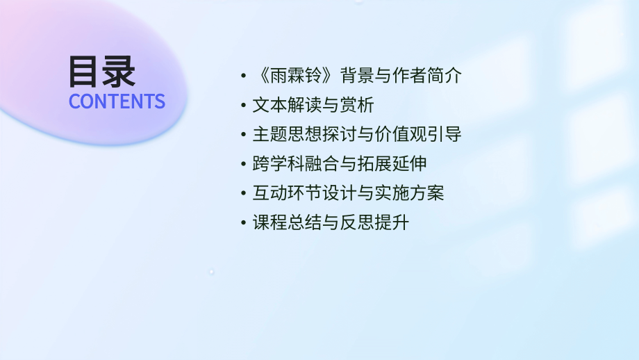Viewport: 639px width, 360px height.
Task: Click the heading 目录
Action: tap(102, 72)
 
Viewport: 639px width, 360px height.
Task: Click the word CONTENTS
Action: tap(117, 101)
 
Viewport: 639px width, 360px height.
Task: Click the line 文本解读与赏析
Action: tap(313, 105)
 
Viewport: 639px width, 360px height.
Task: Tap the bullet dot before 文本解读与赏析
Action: tap(242, 106)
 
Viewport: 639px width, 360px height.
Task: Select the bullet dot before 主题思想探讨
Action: tap(242, 135)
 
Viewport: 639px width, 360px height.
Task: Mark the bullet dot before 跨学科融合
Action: tap(242, 165)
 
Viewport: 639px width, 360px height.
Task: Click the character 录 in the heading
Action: tap(119, 72)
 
